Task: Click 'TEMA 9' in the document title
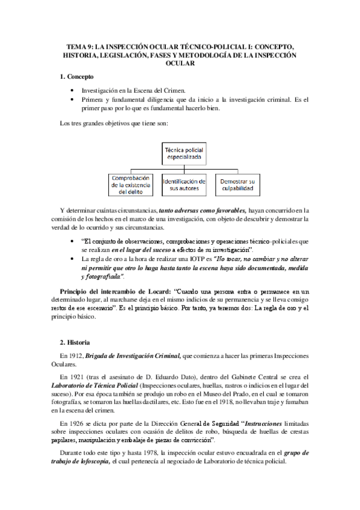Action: [77, 46]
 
